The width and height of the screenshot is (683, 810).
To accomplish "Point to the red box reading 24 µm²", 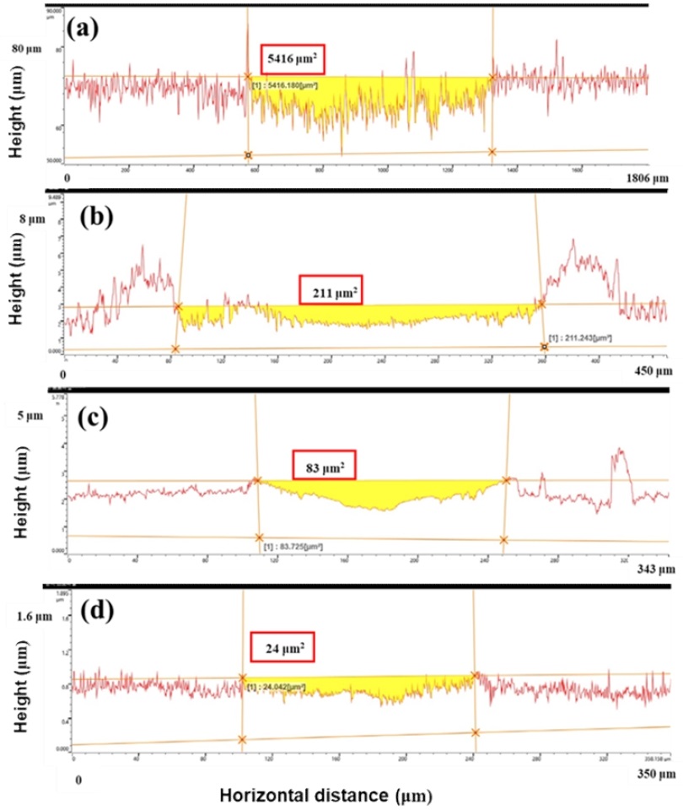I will pos(282,648).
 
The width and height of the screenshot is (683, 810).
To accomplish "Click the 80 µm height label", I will pos(25,50).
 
